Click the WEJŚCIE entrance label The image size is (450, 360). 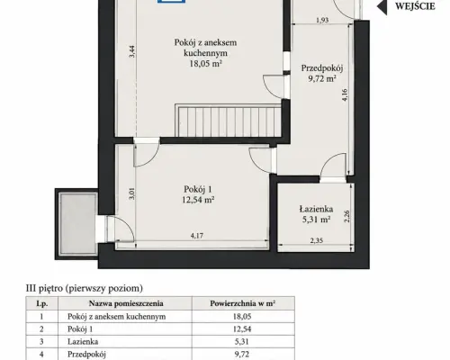pyautogui.click(x=415, y=6)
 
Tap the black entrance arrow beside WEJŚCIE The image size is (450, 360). pyautogui.click(x=382, y=6)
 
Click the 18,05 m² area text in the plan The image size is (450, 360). pyautogui.click(x=205, y=64)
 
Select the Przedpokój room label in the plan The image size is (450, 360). pyautogui.click(x=322, y=68)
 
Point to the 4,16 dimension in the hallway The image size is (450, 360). pyautogui.click(x=345, y=94)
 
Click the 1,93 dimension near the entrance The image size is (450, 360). pyautogui.click(x=322, y=20)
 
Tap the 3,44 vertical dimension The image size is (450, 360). pyautogui.click(x=132, y=51)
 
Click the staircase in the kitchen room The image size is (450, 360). pyautogui.click(x=228, y=121)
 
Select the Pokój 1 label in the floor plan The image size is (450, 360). pyautogui.click(x=198, y=189)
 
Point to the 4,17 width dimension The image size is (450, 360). pyautogui.click(x=197, y=236)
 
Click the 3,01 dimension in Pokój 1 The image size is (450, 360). pyautogui.click(x=131, y=193)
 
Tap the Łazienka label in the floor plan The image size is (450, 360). pyautogui.click(x=316, y=209)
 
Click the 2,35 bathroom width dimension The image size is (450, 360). pyautogui.click(x=317, y=240)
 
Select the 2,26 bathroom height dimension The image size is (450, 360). pyautogui.click(x=346, y=216)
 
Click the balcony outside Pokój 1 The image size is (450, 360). pyautogui.click(x=77, y=224)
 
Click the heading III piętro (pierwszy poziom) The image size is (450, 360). pyautogui.click(x=85, y=288)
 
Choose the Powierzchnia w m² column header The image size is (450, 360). pyautogui.click(x=243, y=303)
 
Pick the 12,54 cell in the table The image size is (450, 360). pyautogui.click(x=242, y=329)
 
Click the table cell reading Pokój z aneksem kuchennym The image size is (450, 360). pyautogui.click(x=116, y=317)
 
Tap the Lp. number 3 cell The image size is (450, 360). pyautogui.click(x=41, y=341)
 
